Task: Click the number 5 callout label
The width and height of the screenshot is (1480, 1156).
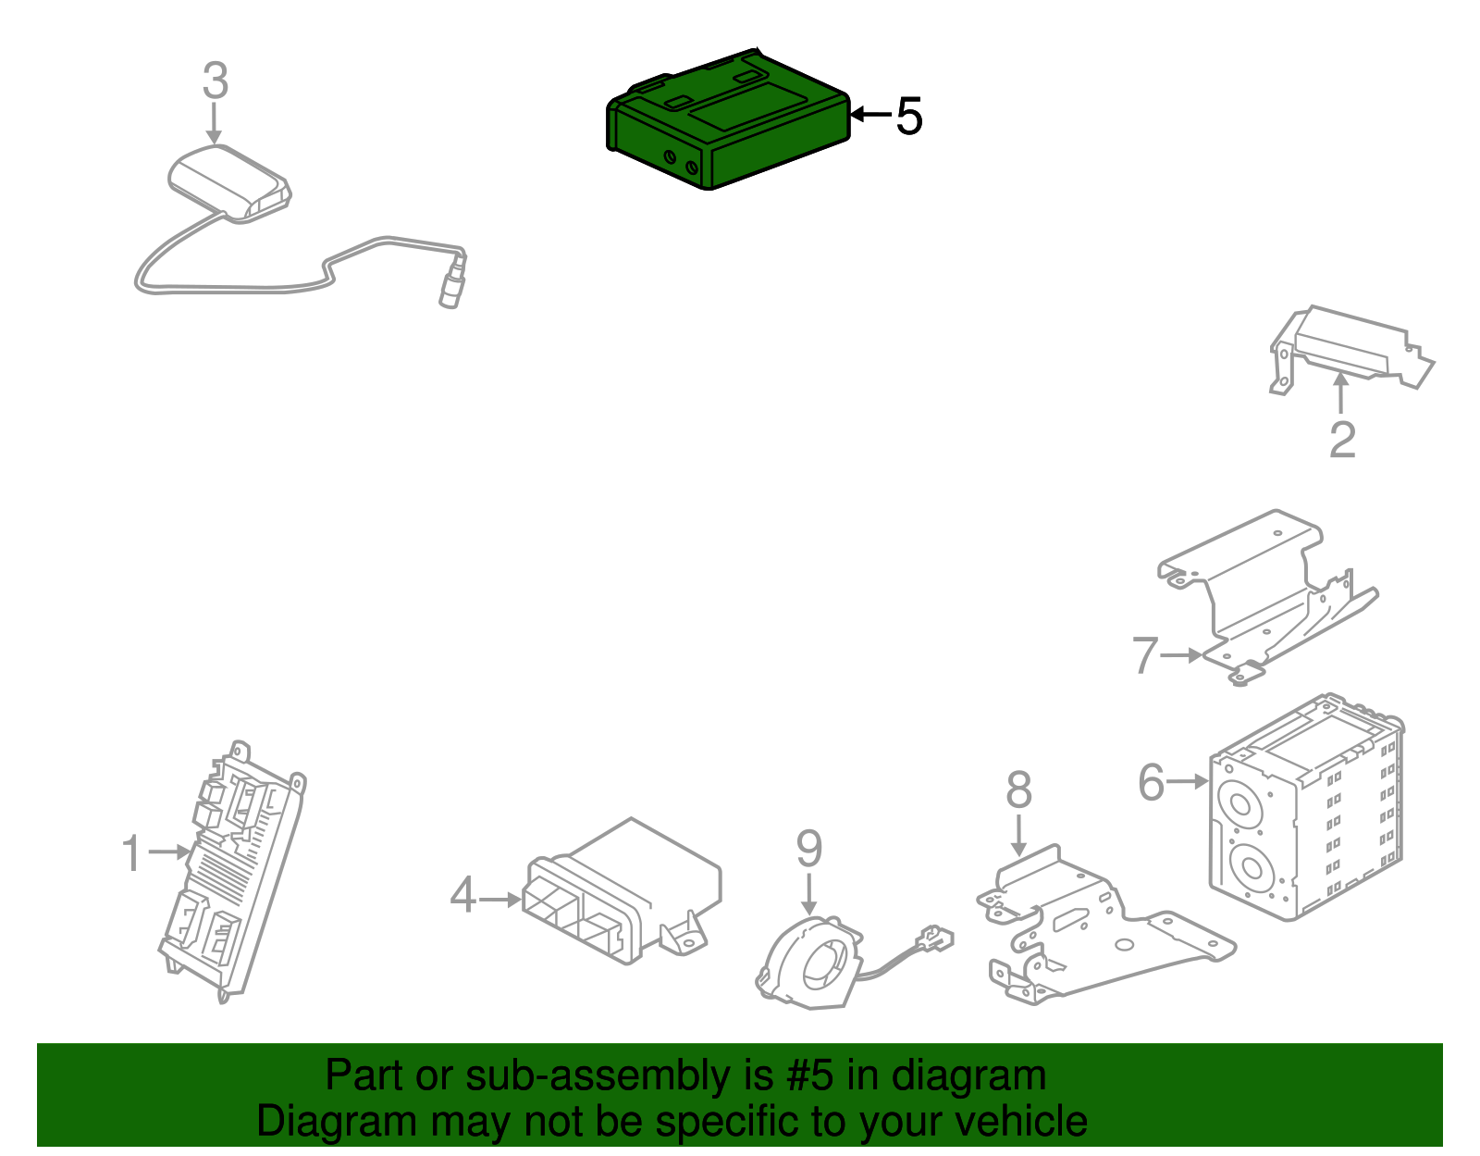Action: coord(909,117)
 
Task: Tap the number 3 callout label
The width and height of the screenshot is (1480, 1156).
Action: coord(215,81)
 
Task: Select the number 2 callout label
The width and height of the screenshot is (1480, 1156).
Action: coord(1341,440)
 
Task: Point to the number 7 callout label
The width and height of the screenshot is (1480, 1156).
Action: coord(1145,655)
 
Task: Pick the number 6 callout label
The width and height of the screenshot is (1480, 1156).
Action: coord(1151,782)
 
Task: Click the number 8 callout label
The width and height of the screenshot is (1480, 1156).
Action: coord(1018,790)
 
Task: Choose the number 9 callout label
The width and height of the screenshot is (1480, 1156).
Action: coord(808,849)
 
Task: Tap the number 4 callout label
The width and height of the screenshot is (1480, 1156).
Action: coord(462,896)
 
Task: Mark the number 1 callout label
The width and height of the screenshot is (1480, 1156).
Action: coord(132,852)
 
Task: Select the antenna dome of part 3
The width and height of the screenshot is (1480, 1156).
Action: coord(228,180)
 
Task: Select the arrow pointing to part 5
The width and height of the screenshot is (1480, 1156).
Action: coord(869,115)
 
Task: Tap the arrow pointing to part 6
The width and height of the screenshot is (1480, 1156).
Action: coord(1188,782)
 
